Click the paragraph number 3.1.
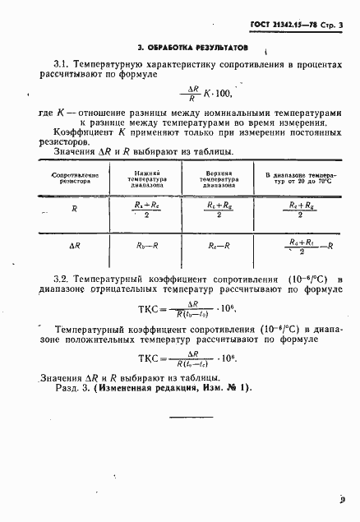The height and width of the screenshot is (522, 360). pyautogui.click(x=61, y=63)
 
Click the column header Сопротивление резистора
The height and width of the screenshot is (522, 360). pyautogui.click(x=75, y=179)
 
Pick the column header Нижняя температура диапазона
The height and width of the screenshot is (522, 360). pyautogui.click(x=150, y=179)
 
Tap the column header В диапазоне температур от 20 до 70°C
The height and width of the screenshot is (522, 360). pyautogui.click(x=300, y=179)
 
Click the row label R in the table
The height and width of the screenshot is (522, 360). pyautogui.click(x=75, y=210)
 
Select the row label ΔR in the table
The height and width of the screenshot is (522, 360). pyautogui.click(x=75, y=245)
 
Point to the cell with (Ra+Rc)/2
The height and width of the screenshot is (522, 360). pyautogui.click(x=150, y=210)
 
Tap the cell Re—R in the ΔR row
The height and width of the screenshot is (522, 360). pyautogui.click(x=219, y=245)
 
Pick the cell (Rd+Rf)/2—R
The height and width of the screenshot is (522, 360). pyautogui.click(x=304, y=245)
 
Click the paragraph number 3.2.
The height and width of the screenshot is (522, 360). pyautogui.click(x=62, y=280)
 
